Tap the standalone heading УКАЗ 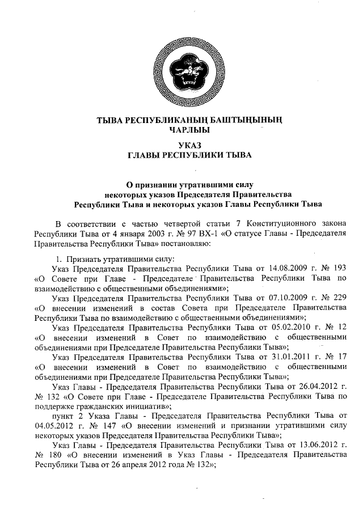(182, 145)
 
